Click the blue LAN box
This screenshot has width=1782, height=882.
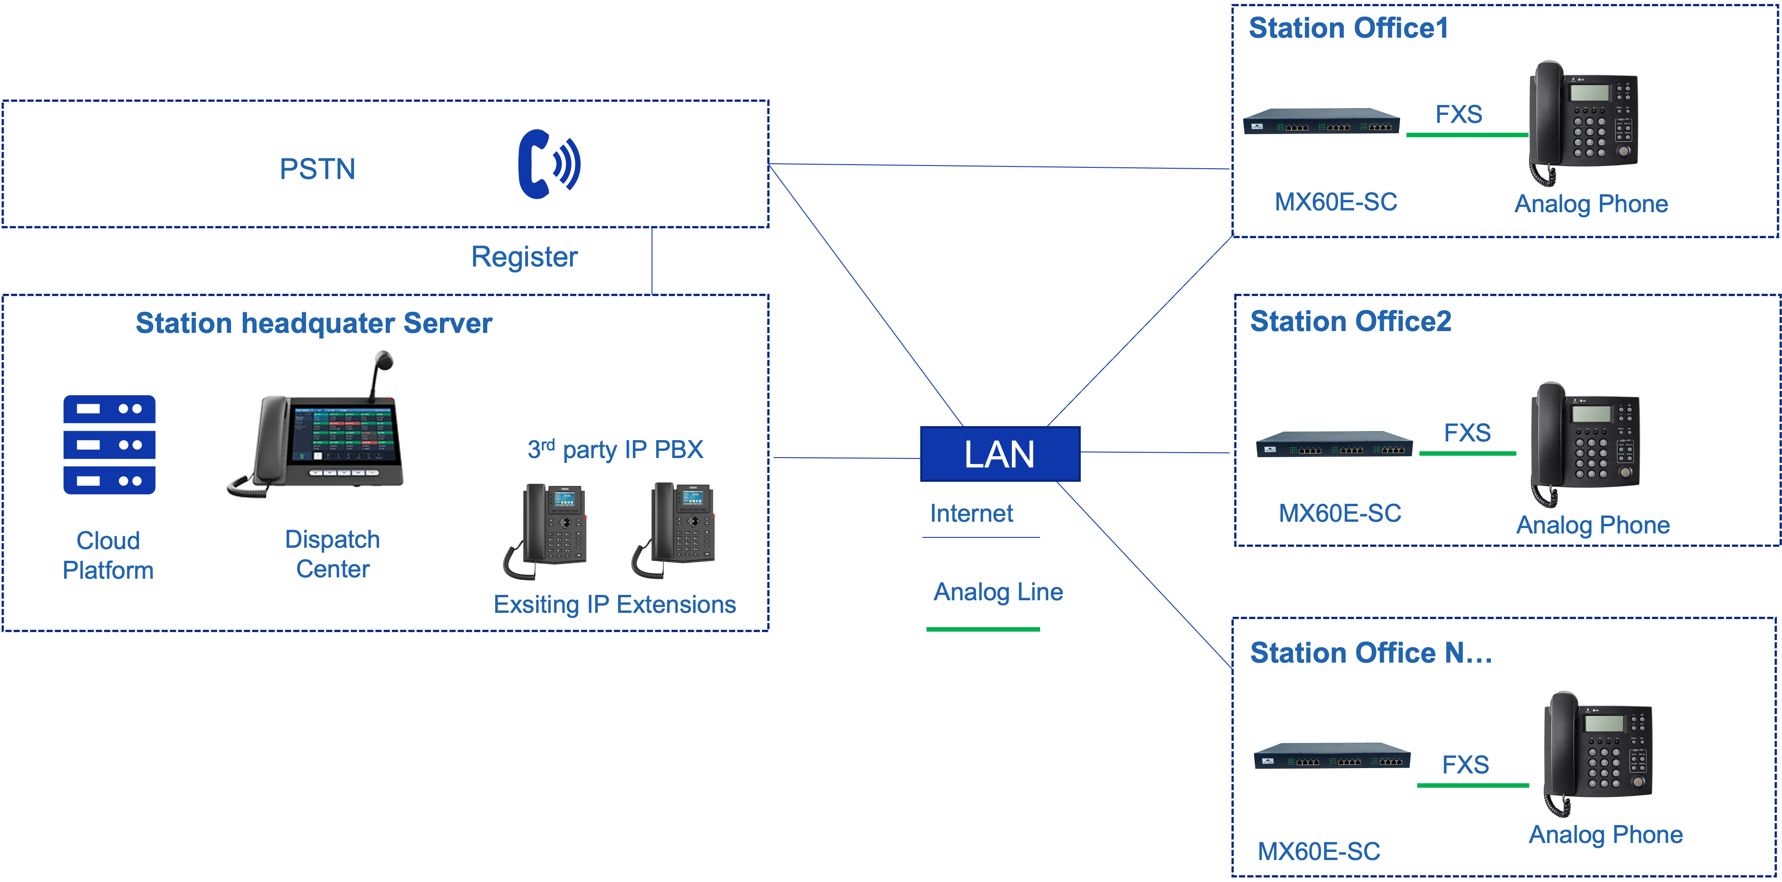[x=1000, y=454]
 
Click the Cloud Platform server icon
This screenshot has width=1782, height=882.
[x=109, y=445]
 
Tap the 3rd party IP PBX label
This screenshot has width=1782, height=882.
[x=615, y=450]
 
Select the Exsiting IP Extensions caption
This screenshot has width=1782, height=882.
[x=614, y=605]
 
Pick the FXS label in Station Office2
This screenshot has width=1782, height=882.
[x=1467, y=433]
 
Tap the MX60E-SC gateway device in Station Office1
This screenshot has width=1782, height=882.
[x=1321, y=122]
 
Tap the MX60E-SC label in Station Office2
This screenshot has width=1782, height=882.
[x=1340, y=513]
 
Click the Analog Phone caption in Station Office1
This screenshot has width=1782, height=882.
[x=1591, y=204]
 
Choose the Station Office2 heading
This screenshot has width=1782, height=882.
[x=1351, y=322]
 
